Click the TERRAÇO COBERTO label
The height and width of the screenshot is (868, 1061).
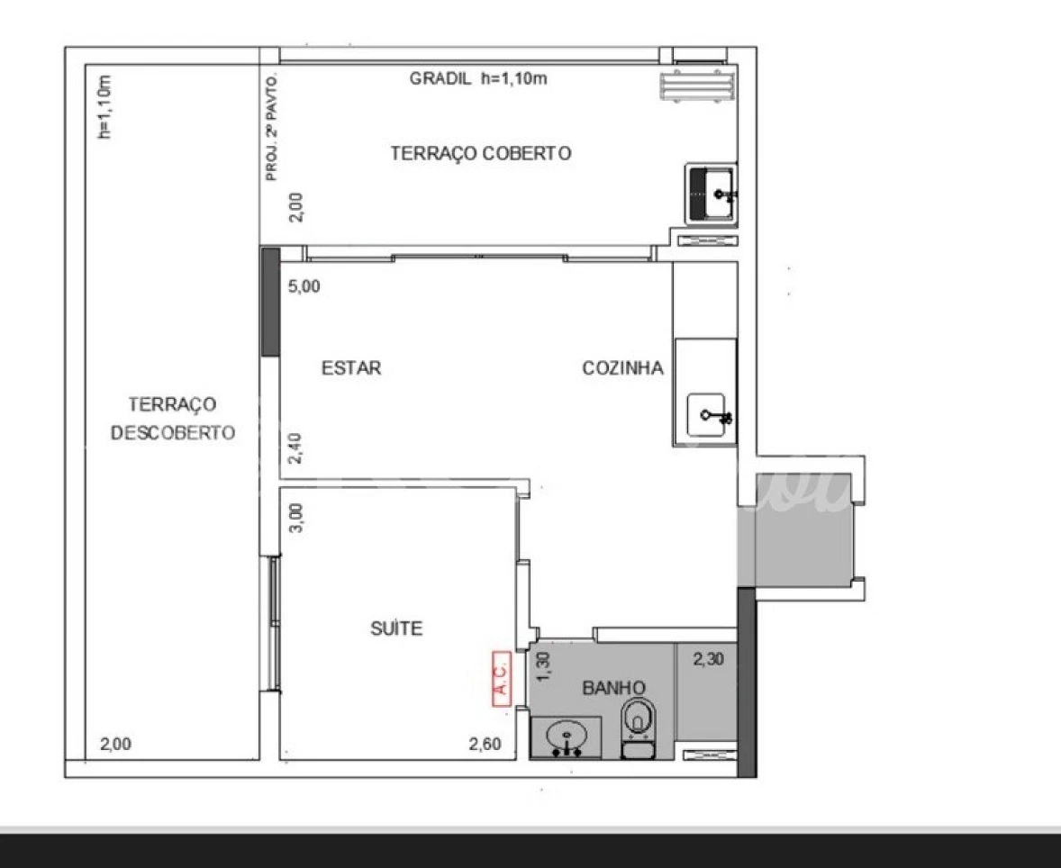480,154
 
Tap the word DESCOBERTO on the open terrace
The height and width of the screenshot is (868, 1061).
173,433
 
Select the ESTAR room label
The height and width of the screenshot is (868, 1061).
351,368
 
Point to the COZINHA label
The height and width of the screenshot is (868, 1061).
622,368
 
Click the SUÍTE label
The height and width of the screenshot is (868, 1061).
396,628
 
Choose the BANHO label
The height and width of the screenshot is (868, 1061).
613,688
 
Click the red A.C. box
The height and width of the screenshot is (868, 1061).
502,679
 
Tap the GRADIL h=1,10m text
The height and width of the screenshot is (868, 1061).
478,78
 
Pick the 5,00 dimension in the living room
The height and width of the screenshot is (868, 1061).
304,286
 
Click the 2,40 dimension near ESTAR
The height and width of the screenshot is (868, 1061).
295,448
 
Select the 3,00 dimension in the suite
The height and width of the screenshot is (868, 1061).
296,518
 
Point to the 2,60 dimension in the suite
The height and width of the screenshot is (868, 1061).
485,745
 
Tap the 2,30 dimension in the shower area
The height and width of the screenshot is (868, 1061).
709,659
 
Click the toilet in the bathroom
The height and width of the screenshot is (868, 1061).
638,728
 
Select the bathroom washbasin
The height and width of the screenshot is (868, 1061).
566,737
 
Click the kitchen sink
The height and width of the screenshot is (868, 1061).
709,415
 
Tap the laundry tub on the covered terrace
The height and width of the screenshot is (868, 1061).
711,194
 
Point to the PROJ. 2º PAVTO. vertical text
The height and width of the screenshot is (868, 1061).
272,127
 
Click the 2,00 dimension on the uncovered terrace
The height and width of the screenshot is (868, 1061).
115,745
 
